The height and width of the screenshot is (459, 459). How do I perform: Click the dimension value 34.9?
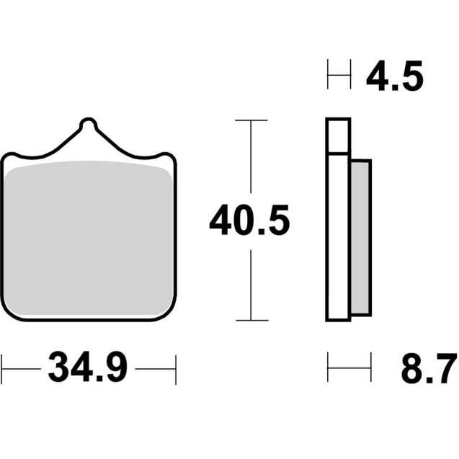click(87, 368)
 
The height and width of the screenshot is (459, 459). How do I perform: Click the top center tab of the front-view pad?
click(88, 127)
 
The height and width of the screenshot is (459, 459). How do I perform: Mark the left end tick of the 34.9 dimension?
click(2, 368)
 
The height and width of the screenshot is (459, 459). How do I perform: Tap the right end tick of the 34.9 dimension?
click(176, 368)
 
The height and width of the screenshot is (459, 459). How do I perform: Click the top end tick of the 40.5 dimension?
click(250, 120)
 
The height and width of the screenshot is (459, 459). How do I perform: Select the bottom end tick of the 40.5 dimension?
click(250, 319)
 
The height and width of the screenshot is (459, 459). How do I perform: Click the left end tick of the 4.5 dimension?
click(328, 75)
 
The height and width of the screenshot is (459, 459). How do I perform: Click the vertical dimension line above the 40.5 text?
click(250, 162)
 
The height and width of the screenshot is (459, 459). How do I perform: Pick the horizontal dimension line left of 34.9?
click(22, 368)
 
